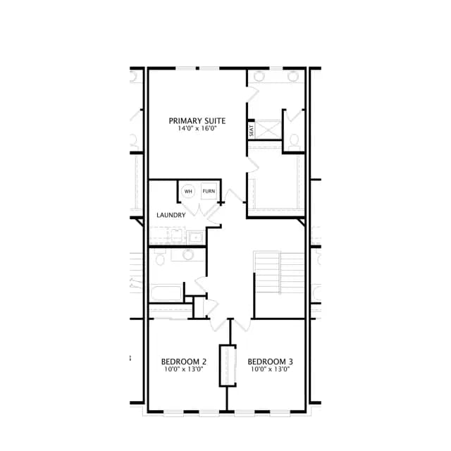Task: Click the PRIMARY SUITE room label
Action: tap(197, 121)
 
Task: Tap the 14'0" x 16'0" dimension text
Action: tap(197, 128)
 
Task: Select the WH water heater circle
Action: tap(188, 191)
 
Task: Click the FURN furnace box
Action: tap(209, 191)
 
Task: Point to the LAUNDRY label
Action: tap(171, 215)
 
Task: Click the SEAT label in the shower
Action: tap(252, 130)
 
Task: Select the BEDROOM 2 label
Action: tap(184, 362)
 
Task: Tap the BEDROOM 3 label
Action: tap(270, 362)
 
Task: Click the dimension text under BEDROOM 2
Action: tap(184, 369)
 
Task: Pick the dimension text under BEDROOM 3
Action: tap(270, 369)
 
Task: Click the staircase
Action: tap(279, 273)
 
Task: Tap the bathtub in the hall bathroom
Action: tap(166, 293)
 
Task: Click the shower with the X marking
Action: tap(268, 130)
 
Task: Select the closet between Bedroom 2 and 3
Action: tap(228, 366)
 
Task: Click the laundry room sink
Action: tap(195, 237)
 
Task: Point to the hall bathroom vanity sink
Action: tap(188, 254)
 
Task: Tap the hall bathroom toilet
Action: tap(160, 257)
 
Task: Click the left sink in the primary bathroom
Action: tap(259, 76)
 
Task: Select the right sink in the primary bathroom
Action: tap(293, 76)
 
